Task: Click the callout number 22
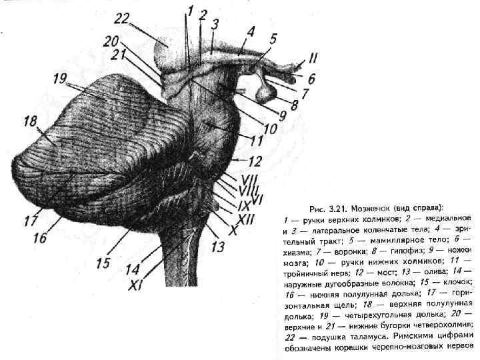pos(123,17)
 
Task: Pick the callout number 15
pos(102,263)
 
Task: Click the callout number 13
pos(218,247)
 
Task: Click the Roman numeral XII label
pos(245,218)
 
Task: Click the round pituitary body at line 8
pos(267,92)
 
